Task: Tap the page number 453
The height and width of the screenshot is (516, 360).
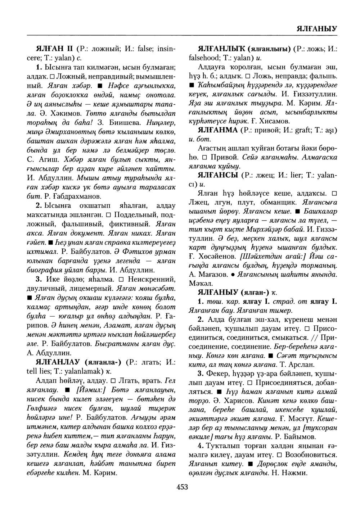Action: point(183,487)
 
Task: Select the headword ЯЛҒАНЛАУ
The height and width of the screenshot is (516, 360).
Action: point(60,362)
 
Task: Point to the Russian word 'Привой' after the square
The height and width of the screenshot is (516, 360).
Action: point(224,157)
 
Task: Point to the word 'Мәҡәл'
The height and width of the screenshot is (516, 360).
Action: point(200,283)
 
